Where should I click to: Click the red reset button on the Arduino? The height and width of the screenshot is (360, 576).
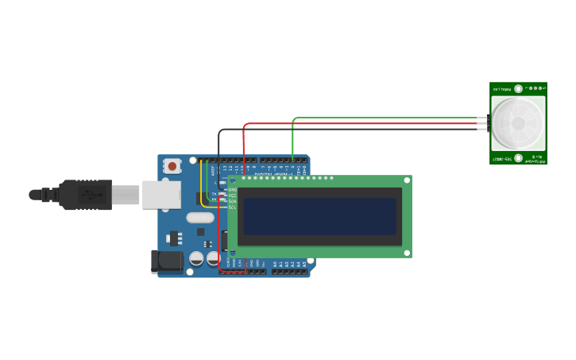click(172, 166)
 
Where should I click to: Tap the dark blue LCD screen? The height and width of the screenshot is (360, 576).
click(319, 216)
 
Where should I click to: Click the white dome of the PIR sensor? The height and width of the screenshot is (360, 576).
click(518, 123)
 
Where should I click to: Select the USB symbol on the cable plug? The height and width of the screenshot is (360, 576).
click(93, 193)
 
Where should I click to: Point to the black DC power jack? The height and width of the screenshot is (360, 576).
click(167, 261)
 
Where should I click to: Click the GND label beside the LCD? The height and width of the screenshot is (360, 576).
click(233, 190)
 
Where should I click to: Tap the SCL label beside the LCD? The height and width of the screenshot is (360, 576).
click(233, 207)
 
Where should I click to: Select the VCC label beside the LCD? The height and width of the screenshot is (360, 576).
click(233, 195)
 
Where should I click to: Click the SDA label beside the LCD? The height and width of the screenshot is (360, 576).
click(233, 201)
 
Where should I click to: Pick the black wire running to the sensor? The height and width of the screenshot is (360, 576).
click(358, 129)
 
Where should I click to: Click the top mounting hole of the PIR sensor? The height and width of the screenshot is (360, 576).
click(518, 89)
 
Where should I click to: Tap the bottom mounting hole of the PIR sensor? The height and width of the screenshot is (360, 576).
click(518, 157)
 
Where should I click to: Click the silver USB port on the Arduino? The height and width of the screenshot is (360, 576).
click(161, 194)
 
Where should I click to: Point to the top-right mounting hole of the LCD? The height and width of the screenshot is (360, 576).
click(406, 180)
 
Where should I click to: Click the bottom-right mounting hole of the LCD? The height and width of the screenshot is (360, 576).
click(406, 253)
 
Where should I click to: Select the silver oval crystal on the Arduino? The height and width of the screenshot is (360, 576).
click(200, 217)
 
